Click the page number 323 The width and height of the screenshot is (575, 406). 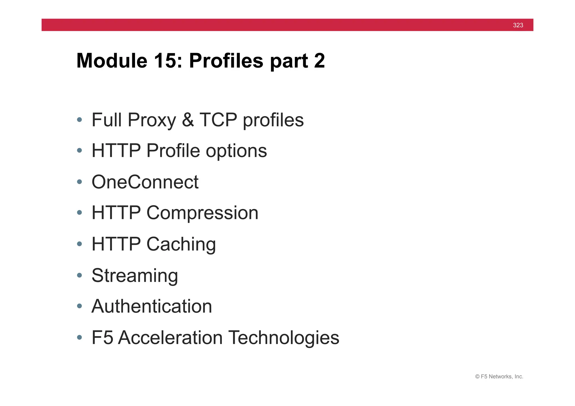tap(518, 25)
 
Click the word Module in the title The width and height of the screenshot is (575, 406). tap(112, 61)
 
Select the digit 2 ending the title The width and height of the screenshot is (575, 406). tap(320, 61)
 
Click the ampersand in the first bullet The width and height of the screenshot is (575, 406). tap(188, 120)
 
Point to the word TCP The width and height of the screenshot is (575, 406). tap(218, 120)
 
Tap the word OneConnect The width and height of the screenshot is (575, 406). tap(145, 182)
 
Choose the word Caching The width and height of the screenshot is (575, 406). tap(181, 244)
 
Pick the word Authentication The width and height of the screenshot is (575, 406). tap(152, 306)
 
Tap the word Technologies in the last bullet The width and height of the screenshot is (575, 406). tap(284, 338)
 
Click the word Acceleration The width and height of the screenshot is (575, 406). tap(170, 338)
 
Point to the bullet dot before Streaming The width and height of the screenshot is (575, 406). tap(79, 275)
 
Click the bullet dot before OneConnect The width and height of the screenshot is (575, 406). tap(79, 182)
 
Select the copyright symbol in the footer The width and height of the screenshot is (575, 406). tap(477, 377)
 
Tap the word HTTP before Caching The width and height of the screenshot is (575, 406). tap(116, 244)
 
